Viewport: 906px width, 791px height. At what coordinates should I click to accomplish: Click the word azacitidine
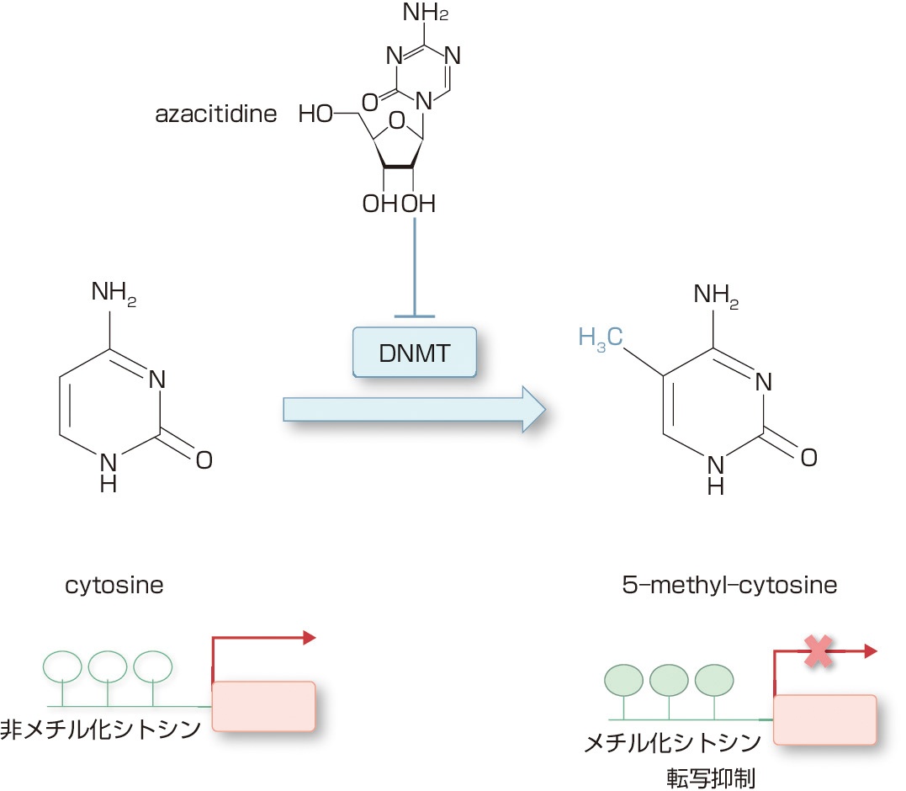[216, 114]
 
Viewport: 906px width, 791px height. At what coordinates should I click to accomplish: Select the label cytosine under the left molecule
[114, 585]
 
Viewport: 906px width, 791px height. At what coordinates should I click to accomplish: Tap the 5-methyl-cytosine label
[725, 585]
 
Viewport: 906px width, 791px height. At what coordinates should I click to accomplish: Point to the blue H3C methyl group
[601, 339]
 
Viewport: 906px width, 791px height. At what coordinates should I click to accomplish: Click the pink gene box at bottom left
[263, 705]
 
